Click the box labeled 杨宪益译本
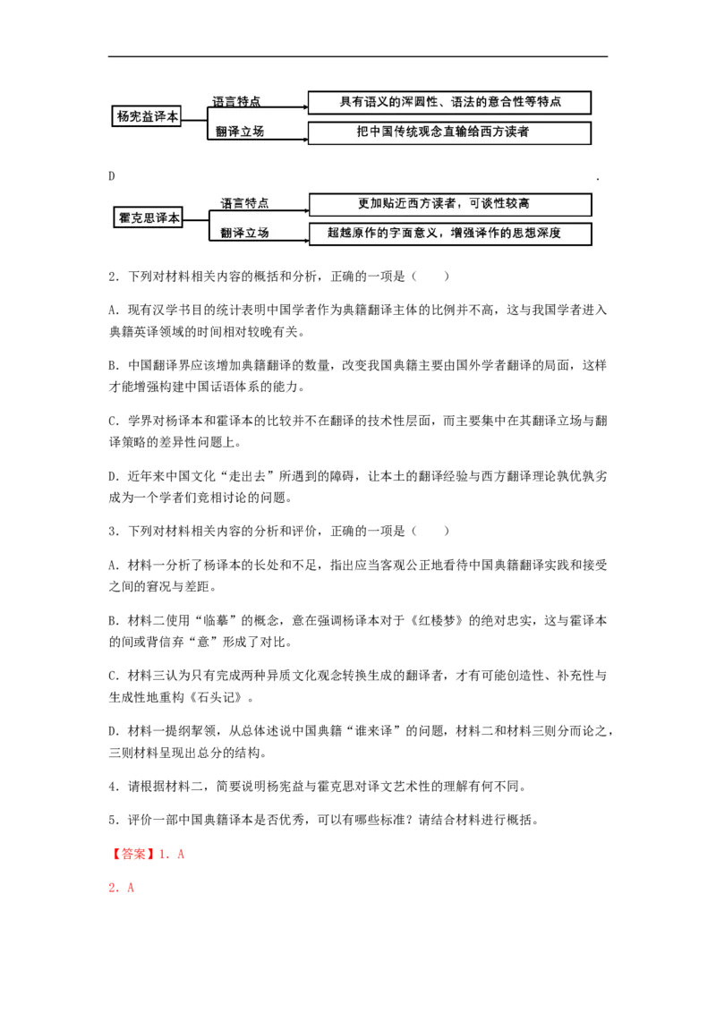click(x=148, y=116)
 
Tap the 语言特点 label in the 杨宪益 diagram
click(x=237, y=102)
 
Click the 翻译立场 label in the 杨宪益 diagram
click(x=240, y=132)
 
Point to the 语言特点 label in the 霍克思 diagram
click(x=245, y=203)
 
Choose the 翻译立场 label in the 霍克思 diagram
click(x=245, y=233)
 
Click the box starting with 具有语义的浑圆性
click(x=449, y=102)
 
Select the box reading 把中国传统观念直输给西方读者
click(x=449, y=132)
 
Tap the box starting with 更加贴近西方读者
click(x=450, y=204)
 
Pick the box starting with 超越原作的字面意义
click(x=450, y=234)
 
